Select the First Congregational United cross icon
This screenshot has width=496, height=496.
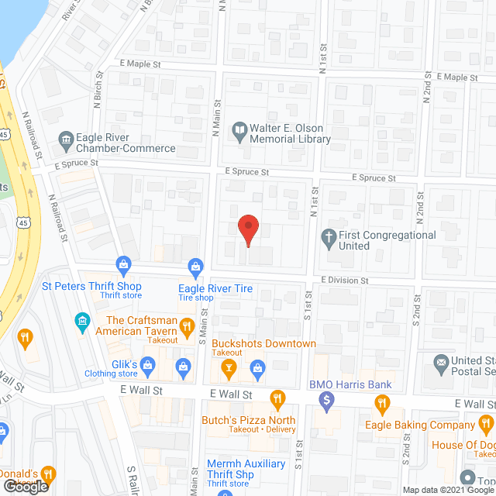329,236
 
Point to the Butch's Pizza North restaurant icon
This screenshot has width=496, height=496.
277,398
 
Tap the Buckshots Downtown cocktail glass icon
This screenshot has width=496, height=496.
228,370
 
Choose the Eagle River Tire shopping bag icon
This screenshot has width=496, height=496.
196,268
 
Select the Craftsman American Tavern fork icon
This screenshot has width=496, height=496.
186,326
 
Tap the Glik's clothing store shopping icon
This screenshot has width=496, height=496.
183,365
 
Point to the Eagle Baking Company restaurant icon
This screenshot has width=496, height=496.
381,403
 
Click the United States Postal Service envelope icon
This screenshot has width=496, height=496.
441,362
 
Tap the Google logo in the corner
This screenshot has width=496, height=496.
26,486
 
